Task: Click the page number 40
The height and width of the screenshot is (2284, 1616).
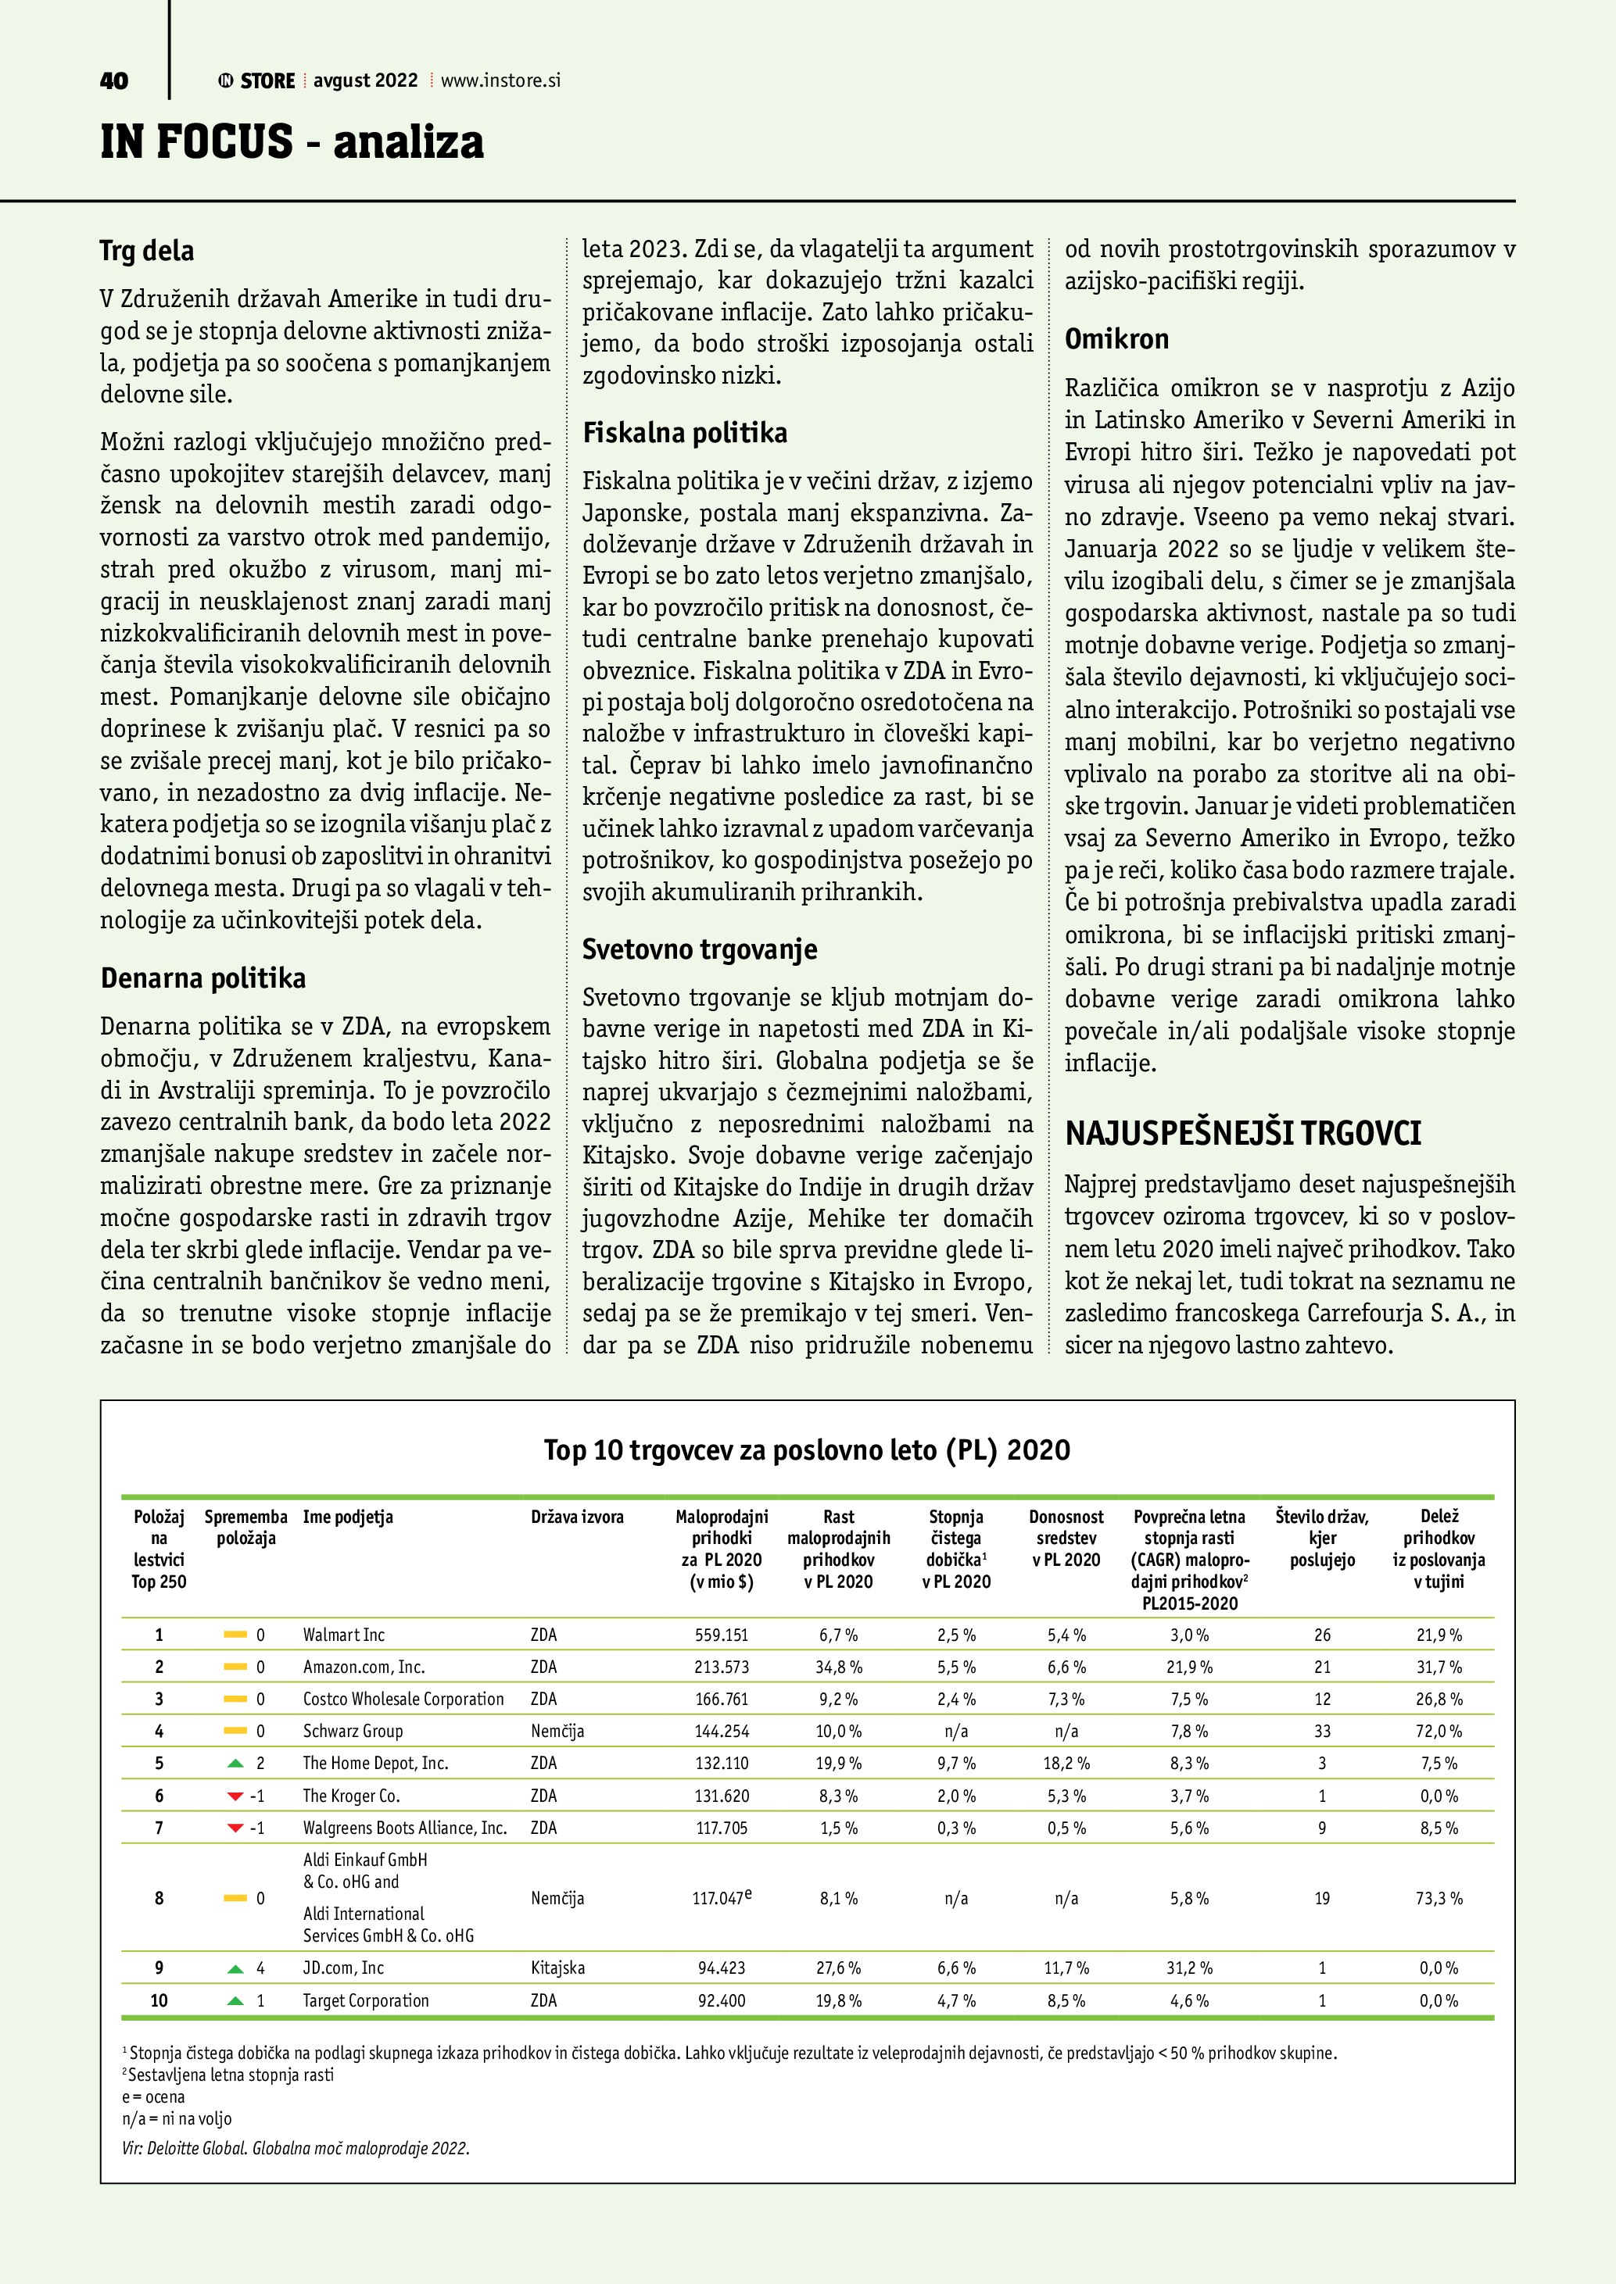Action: pyautogui.click(x=113, y=81)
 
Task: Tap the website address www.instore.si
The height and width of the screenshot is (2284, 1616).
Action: pyautogui.click(x=500, y=80)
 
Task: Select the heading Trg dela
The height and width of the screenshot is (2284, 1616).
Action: pyautogui.click(x=146, y=251)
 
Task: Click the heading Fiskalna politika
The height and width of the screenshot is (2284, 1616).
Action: pyautogui.click(x=685, y=433)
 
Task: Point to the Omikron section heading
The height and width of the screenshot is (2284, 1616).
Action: pyautogui.click(x=1116, y=339)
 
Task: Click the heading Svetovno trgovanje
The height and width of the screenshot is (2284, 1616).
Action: pyautogui.click(x=700, y=949)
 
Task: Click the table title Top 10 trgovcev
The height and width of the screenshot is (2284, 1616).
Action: pyautogui.click(x=807, y=1449)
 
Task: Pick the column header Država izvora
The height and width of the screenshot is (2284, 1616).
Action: pyautogui.click(x=577, y=1517)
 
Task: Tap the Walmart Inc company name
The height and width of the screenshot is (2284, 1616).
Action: pyautogui.click(x=343, y=1635)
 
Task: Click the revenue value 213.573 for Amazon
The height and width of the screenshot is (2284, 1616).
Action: pyautogui.click(x=722, y=1666)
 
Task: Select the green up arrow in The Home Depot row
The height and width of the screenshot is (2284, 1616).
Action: pyautogui.click(x=236, y=1763)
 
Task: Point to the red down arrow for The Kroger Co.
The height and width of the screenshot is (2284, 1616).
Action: pyautogui.click(x=236, y=1796)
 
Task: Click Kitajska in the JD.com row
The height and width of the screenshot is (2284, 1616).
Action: pyautogui.click(x=557, y=1968)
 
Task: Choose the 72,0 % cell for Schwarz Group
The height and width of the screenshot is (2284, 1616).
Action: pyautogui.click(x=1438, y=1731)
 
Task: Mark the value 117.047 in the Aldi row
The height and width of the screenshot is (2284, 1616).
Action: pyautogui.click(x=718, y=1898)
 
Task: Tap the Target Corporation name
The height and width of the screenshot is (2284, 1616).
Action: pyautogui.click(x=365, y=2000)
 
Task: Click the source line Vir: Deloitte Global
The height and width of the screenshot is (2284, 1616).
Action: pyautogui.click(x=296, y=2148)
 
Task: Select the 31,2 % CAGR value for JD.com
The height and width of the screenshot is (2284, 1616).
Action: pyautogui.click(x=1189, y=1968)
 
